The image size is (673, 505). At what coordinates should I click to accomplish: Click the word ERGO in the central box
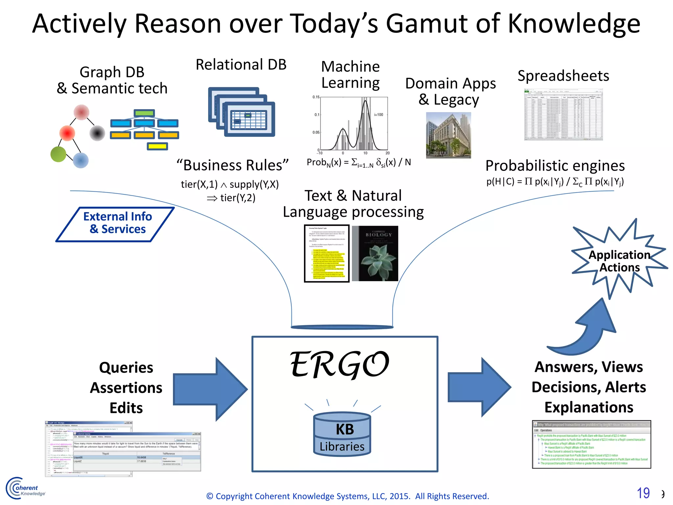339,365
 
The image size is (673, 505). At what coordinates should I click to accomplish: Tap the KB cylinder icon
342,434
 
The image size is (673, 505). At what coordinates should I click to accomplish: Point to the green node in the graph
58,154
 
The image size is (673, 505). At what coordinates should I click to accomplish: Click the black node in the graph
97,133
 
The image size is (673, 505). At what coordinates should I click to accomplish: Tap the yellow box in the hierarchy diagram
157,147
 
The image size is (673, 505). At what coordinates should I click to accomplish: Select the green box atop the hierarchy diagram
144,113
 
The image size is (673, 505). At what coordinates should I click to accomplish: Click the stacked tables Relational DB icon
242,112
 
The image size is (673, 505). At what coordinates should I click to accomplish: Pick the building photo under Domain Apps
448,135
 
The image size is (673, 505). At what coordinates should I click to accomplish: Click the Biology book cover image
375,253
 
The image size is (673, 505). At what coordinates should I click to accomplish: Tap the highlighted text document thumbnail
327,253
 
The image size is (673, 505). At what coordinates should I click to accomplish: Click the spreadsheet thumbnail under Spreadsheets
563,115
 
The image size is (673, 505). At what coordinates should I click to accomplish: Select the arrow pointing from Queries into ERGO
210,389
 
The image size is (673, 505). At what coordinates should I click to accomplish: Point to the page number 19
643,493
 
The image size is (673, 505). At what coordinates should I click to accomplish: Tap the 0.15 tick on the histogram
316,97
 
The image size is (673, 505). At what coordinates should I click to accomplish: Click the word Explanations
589,407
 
